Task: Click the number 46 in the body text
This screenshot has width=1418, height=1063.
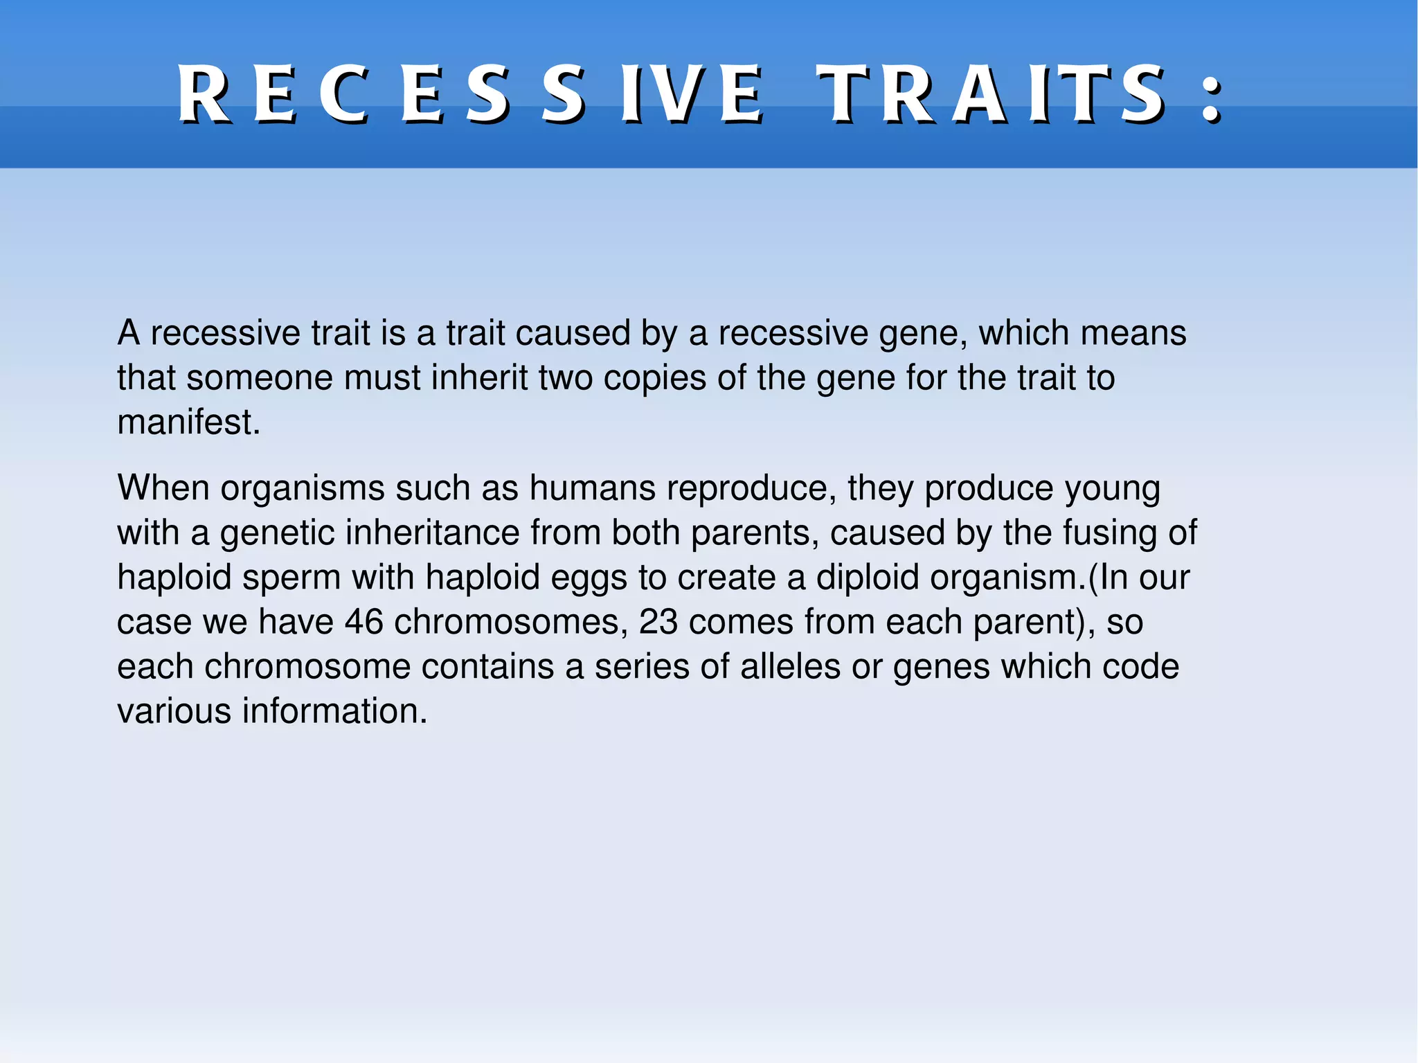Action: [x=364, y=622]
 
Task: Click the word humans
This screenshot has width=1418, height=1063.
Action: [x=592, y=488]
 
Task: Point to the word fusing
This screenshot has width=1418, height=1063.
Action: [x=1109, y=533]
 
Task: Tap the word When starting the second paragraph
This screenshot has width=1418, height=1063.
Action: [x=163, y=488]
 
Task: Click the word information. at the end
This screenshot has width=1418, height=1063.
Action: [x=334, y=711]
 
